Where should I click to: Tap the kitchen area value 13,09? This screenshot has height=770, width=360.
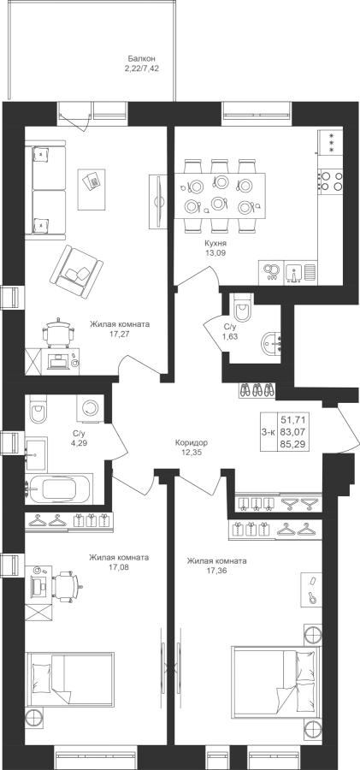click(x=216, y=253)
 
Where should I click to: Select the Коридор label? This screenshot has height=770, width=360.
click(x=192, y=442)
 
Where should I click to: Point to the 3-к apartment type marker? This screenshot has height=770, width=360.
click(x=269, y=432)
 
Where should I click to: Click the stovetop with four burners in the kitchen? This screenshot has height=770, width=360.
click(x=331, y=181)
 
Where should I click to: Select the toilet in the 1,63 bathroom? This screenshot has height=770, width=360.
click(x=243, y=306)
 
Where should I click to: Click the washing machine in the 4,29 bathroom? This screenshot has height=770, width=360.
click(x=91, y=407)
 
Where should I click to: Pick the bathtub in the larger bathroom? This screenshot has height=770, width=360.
click(x=59, y=489)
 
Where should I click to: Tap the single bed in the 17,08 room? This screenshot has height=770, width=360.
click(x=70, y=679)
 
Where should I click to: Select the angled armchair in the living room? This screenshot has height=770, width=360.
click(x=76, y=268)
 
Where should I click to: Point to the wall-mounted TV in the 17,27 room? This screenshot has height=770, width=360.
click(x=158, y=200)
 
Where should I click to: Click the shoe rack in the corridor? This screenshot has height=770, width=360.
click(x=257, y=390)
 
